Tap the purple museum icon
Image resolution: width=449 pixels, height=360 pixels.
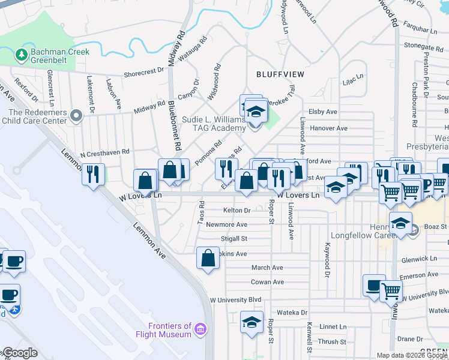point(200,329)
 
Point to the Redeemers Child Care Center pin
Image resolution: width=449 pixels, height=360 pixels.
point(76,115)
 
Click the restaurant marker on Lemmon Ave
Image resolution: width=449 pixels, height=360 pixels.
point(92,174)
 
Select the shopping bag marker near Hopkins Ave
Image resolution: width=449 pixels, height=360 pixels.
point(207,259)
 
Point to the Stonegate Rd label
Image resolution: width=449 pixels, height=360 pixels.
point(423,45)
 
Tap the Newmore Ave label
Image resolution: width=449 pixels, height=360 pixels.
point(226,224)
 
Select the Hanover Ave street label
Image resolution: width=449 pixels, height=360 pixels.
point(328,128)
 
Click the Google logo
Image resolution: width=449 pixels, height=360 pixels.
point(20,353)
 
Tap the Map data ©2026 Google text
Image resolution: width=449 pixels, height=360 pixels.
point(412,355)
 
